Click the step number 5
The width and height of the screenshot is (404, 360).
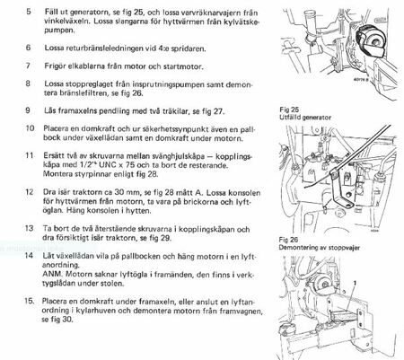tap(29, 12)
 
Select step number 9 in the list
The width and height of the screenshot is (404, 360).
tap(28, 110)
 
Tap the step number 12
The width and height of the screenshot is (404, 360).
tap(30, 192)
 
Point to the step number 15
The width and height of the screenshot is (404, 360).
tap(30, 301)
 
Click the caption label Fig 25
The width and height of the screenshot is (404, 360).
tap(289, 110)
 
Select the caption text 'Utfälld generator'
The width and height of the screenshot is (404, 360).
tap(305, 118)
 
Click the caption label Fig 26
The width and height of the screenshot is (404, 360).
tap(289, 240)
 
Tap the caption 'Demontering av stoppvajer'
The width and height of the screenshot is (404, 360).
tap(320, 248)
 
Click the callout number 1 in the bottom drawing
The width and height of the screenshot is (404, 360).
tap(355, 283)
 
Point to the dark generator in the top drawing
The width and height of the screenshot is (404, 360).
tap(370, 40)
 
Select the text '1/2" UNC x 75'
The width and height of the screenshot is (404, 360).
tap(104, 165)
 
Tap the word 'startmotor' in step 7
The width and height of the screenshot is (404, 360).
tap(183, 66)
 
